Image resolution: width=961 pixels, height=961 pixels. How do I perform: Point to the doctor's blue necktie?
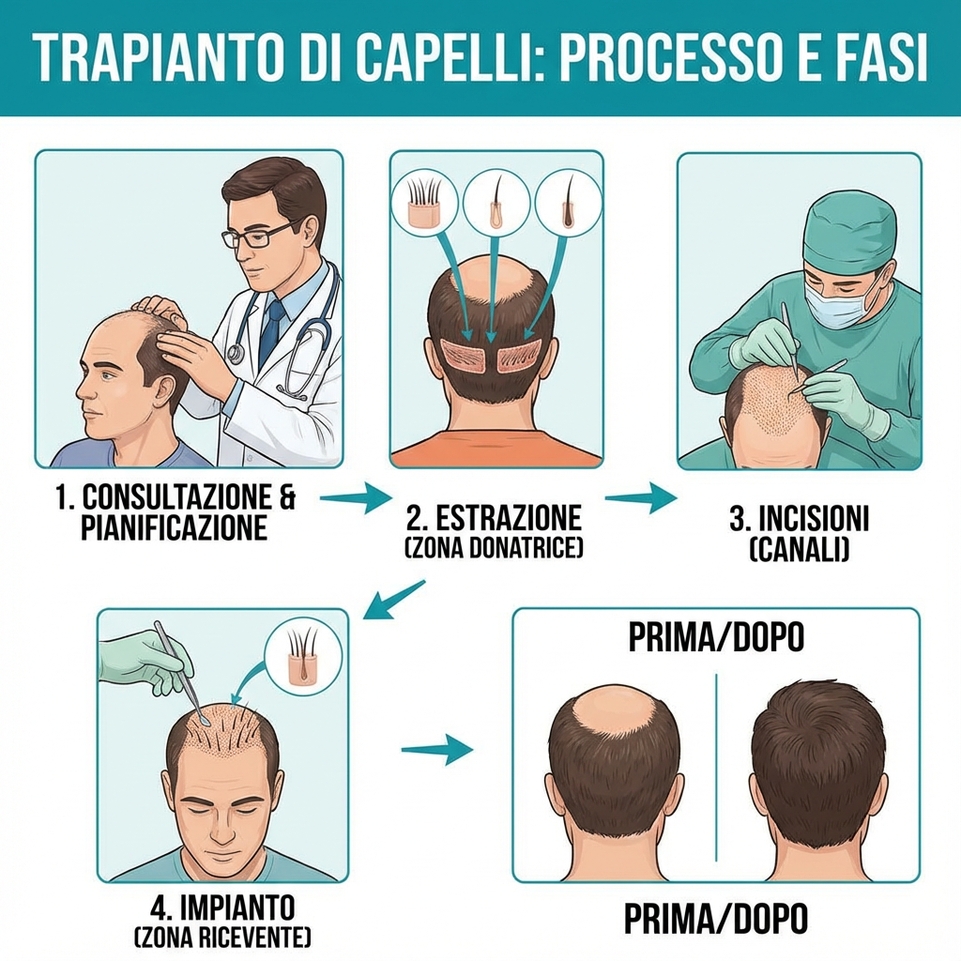(x=272, y=328)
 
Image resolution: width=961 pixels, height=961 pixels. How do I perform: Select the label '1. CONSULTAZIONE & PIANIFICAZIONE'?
(x=175, y=512)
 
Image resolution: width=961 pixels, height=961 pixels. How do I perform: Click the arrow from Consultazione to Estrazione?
(x=354, y=497)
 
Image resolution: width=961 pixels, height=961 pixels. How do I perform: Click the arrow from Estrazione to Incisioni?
(x=640, y=497)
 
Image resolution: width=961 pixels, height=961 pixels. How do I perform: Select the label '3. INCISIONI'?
(x=800, y=519)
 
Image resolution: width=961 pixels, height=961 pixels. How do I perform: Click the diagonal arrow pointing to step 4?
(x=393, y=600)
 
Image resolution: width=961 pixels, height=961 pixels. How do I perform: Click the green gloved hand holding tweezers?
(x=141, y=663)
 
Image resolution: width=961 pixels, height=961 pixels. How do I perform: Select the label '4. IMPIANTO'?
(x=222, y=908)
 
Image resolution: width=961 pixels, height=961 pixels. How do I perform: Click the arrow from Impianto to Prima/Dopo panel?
(x=436, y=749)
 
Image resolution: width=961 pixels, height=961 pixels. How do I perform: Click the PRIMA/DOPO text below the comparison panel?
(x=716, y=917)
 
